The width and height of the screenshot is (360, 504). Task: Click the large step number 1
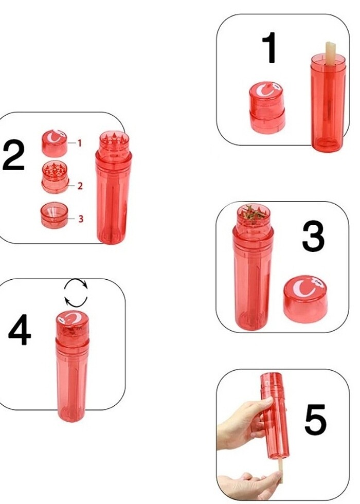click(x=270, y=47)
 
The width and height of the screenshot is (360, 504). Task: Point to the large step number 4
click(x=20, y=330)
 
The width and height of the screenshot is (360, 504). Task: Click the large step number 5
click(x=315, y=420)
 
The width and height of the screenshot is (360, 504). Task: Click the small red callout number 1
click(x=79, y=143)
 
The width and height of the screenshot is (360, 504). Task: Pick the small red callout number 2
click(x=80, y=186)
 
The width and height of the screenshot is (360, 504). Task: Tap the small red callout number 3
click(x=81, y=219)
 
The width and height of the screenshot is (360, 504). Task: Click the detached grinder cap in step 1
click(x=267, y=107)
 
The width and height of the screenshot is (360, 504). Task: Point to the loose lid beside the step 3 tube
click(x=305, y=299)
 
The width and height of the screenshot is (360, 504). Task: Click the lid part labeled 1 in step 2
click(x=55, y=143)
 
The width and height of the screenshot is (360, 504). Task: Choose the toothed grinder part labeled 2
click(x=55, y=177)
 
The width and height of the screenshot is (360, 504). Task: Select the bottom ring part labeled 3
click(x=55, y=215)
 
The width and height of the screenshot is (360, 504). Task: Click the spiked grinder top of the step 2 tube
click(x=114, y=141)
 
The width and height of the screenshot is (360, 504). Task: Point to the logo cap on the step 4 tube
click(x=73, y=325)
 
